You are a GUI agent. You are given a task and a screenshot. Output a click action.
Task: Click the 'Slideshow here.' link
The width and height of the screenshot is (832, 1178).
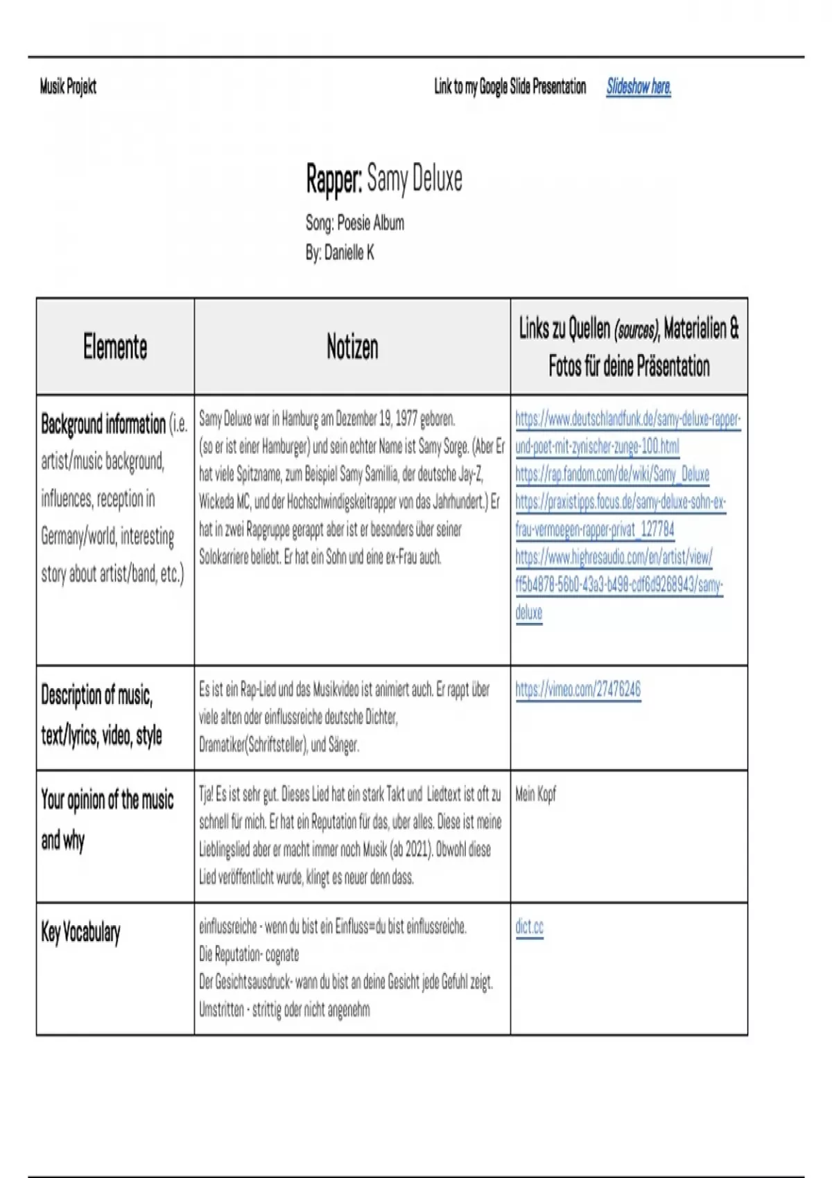click(x=639, y=87)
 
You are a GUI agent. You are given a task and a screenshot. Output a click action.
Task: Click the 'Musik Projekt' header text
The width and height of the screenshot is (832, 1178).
click(x=68, y=87)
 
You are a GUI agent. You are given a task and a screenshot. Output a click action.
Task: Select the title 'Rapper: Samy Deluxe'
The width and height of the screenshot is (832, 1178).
click(x=384, y=179)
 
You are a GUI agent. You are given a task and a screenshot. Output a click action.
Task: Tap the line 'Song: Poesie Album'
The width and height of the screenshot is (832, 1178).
click(x=354, y=223)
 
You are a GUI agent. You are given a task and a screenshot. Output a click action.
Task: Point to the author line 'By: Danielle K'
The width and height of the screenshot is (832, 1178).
click(x=340, y=253)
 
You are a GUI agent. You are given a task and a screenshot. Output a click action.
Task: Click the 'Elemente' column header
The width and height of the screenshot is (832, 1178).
click(x=115, y=346)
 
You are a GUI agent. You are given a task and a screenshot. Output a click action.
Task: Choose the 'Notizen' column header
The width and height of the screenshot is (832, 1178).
click(x=352, y=346)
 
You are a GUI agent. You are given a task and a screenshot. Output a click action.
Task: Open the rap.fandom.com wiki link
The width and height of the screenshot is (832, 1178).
click(x=612, y=475)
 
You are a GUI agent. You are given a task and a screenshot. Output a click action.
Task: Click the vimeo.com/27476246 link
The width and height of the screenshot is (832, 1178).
click(x=578, y=689)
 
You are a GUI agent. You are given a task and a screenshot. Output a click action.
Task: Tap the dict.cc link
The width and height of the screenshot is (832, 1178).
click(x=529, y=927)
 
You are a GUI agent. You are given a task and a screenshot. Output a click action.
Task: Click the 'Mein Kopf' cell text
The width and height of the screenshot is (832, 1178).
click(x=535, y=794)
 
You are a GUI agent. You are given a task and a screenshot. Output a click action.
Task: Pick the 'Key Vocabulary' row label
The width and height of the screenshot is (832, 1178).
click(x=80, y=933)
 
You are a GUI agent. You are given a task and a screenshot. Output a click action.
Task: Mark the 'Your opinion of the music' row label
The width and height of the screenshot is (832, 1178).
click(x=107, y=800)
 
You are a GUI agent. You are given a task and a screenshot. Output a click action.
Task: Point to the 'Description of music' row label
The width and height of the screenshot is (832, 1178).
click(x=96, y=695)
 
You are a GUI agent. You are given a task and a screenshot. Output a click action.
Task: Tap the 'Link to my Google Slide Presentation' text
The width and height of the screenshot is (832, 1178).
click(x=510, y=87)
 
